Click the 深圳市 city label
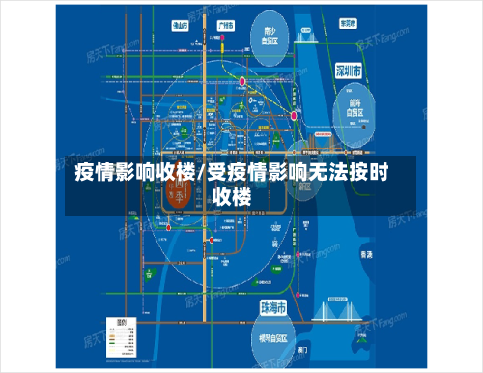tap(348, 71)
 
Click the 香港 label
tap(365, 253)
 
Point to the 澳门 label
tap(305, 345)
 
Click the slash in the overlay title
tap(199, 175)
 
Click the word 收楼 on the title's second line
tap(232, 197)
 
